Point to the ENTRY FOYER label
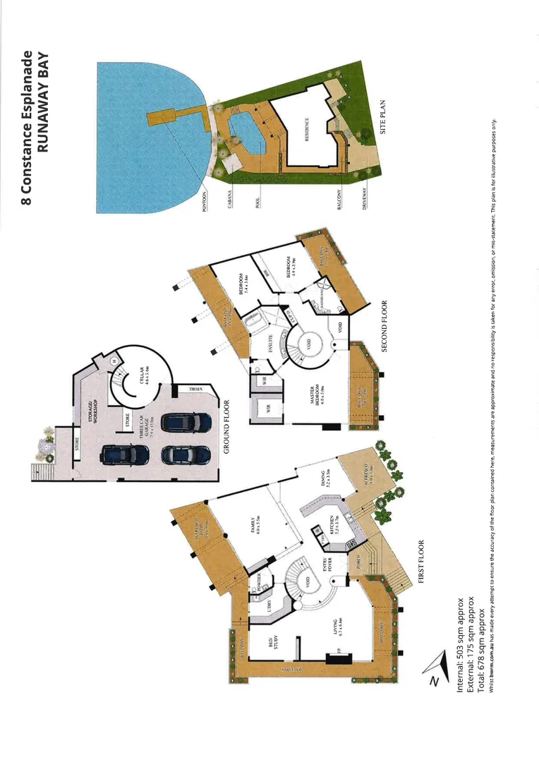coord(329,565)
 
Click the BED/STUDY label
coord(272,643)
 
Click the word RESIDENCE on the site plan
coord(308,131)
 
